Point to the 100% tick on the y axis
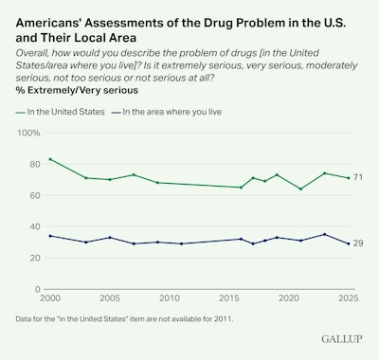pos(31,133)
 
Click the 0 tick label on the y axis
pos(37,289)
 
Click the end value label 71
pos(359,178)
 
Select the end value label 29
pos(359,243)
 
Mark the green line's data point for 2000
pos(50,159)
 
